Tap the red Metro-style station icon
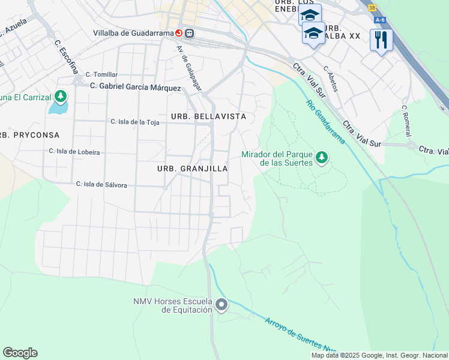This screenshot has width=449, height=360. pyautogui.click(x=179, y=33)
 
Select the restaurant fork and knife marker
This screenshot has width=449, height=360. pyautogui.click(x=381, y=40)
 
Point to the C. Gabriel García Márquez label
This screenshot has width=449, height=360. pyautogui.click(x=135, y=88)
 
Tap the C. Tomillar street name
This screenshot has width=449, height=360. pyautogui.click(x=101, y=74)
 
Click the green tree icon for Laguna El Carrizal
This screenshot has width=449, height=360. pyautogui.click(x=61, y=95)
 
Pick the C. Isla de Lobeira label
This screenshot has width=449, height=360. pyautogui.click(x=74, y=152)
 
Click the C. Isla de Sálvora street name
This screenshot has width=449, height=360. pyautogui.click(x=101, y=185)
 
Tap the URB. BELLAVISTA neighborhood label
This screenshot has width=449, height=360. pyautogui.click(x=208, y=116)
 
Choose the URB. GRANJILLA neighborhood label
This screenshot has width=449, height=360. pyautogui.click(x=192, y=169)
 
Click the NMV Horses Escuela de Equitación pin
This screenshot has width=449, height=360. pyautogui.click(x=221, y=305)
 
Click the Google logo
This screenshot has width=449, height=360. pyautogui.click(x=20, y=353)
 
